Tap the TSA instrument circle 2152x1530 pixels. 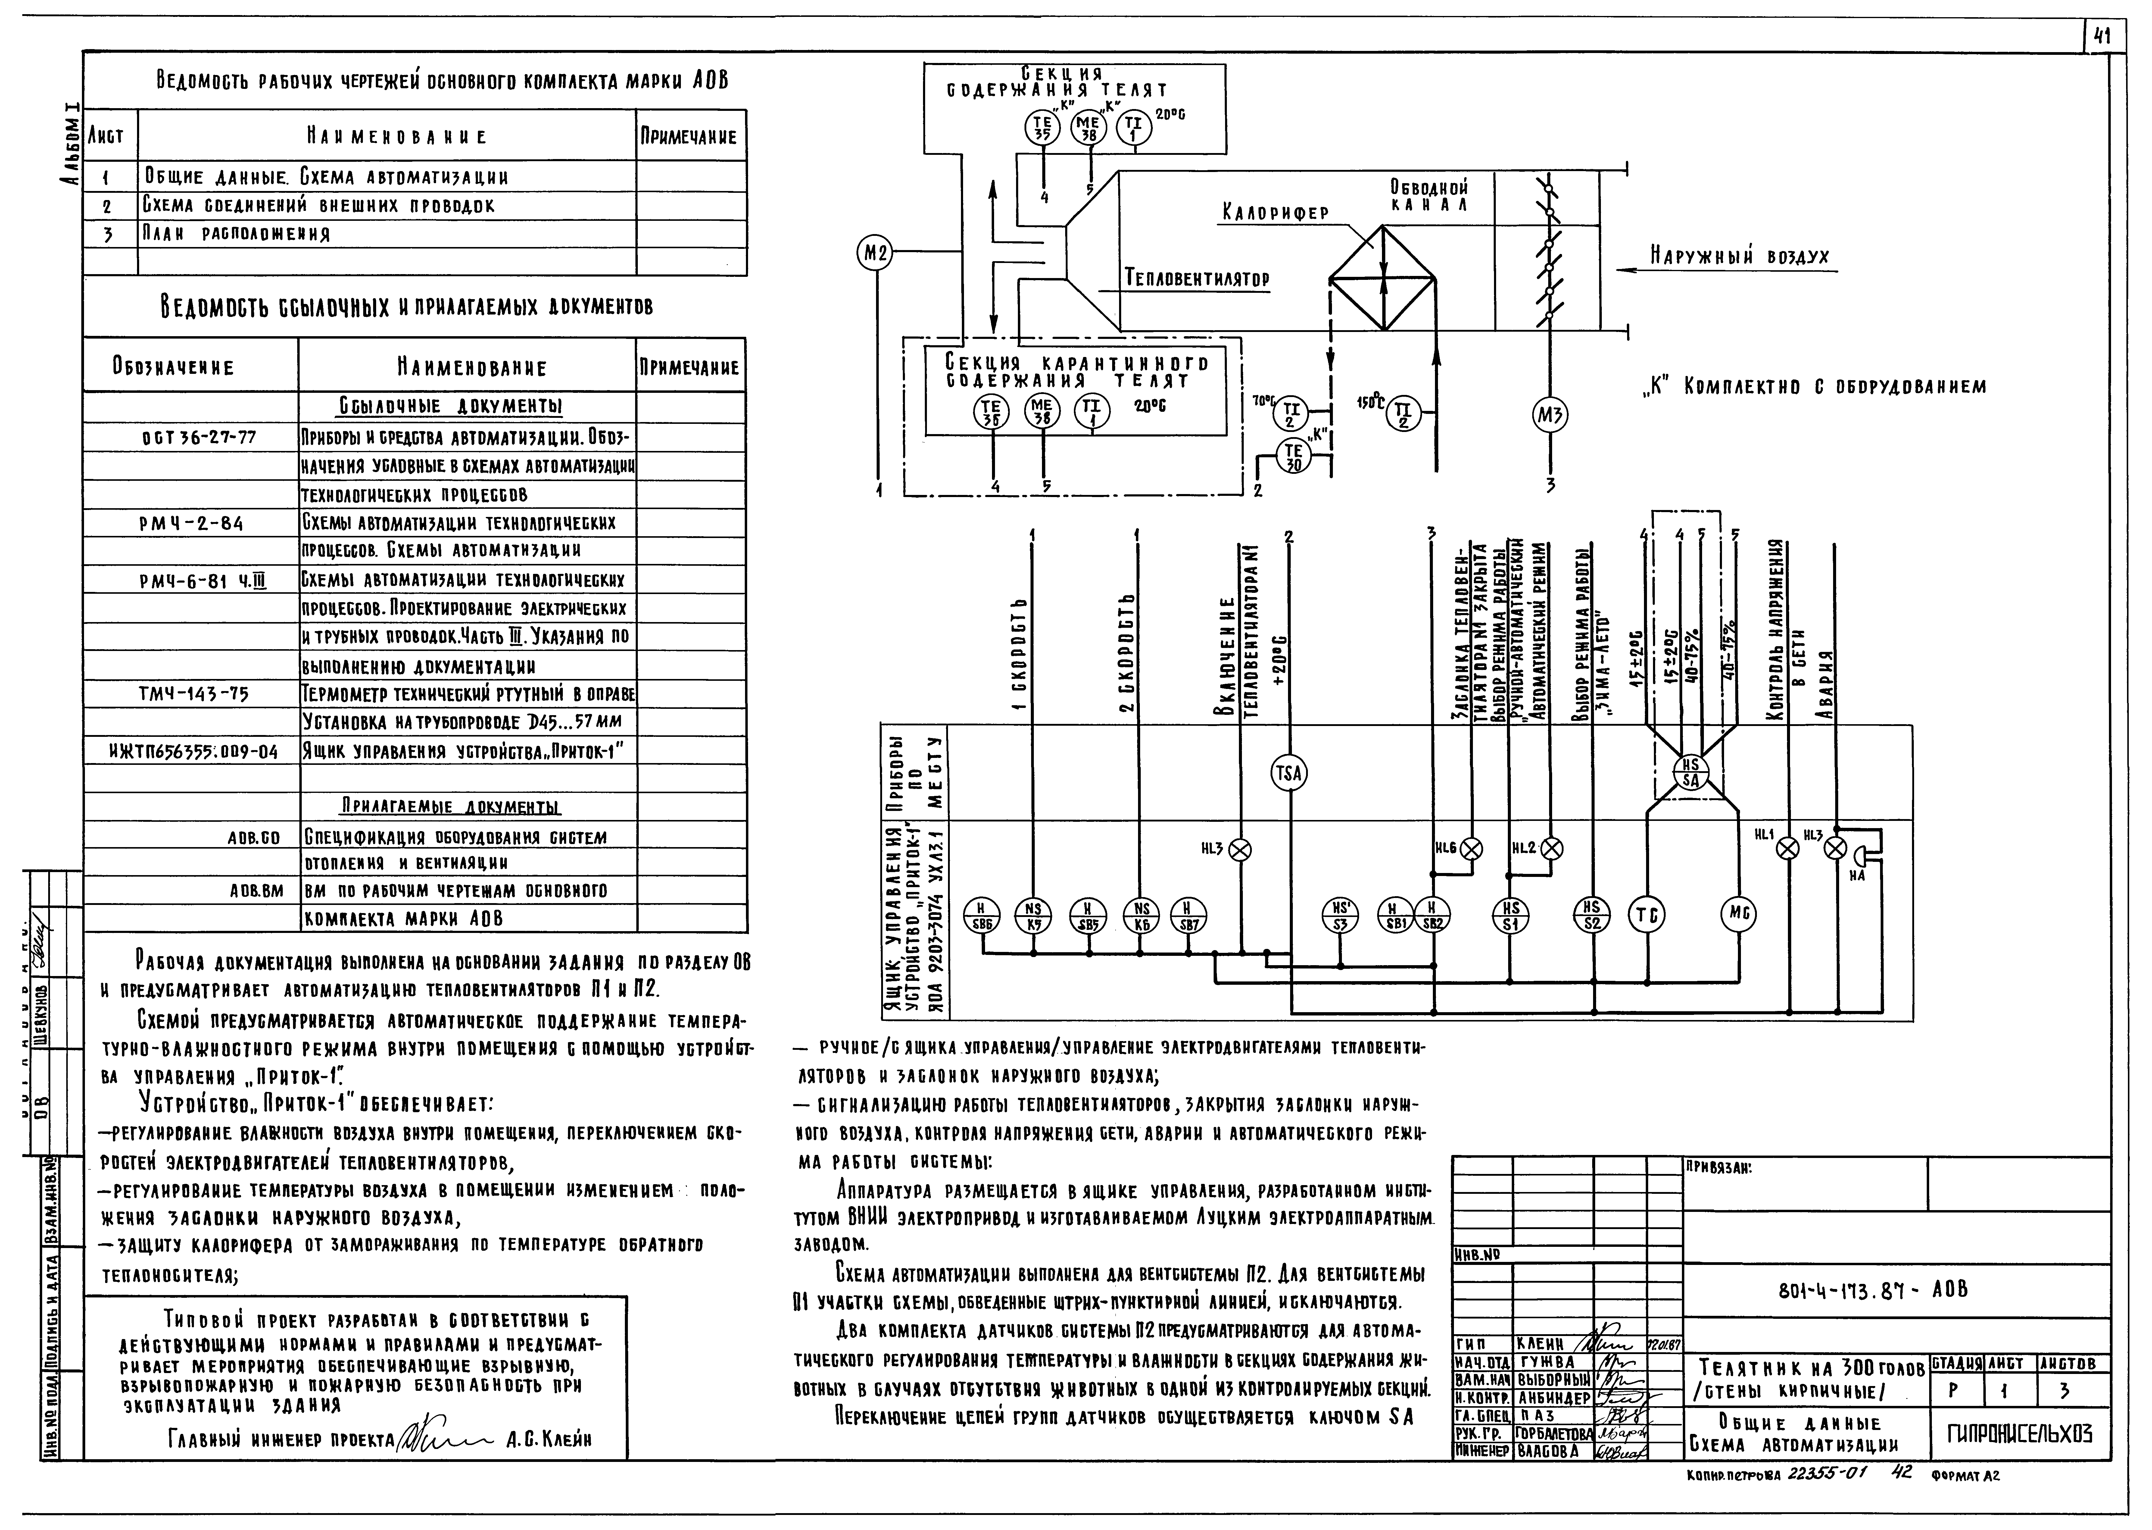tap(1288, 774)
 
